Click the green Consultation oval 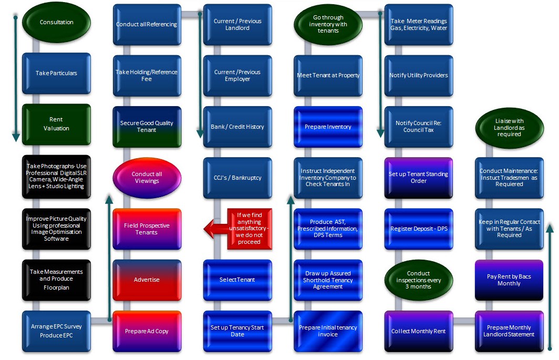(x=56, y=22)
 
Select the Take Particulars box (x=56, y=73)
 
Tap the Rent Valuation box (x=56, y=124)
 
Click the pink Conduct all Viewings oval (x=147, y=178)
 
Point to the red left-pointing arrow (x=216, y=228)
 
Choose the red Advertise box (x=147, y=280)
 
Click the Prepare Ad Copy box (x=147, y=331)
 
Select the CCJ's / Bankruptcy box (x=237, y=178)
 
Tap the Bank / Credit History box (x=237, y=127)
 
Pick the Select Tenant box (x=237, y=280)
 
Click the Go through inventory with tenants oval (x=328, y=24)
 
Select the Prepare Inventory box (x=328, y=127)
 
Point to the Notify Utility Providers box (x=419, y=75)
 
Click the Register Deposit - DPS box (x=419, y=229)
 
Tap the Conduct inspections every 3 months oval (x=419, y=280)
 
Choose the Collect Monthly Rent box (x=419, y=331)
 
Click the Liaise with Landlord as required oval (x=510, y=128)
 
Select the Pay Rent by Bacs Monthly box (x=509, y=280)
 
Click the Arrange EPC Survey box (x=56, y=331)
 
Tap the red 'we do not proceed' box (x=250, y=229)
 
